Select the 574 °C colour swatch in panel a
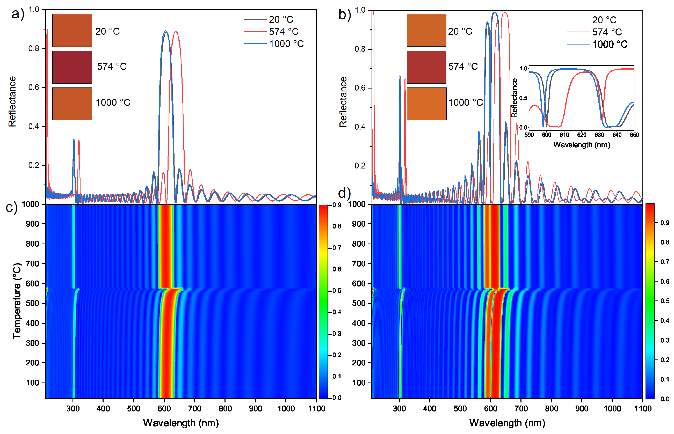(72, 67)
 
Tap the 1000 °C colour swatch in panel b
(426, 104)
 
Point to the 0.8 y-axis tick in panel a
(34, 49)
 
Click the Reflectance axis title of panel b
(343, 102)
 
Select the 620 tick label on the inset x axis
(582, 135)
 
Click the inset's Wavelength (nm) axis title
(582, 145)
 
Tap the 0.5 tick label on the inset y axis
(524, 98)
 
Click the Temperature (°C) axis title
(17, 301)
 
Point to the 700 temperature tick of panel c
(32, 264)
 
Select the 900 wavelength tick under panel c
(255, 409)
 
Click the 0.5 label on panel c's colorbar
(337, 291)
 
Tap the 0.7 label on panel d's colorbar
(665, 262)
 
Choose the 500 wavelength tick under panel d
(460, 409)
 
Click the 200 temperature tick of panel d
(359, 363)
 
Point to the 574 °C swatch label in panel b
(463, 67)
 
